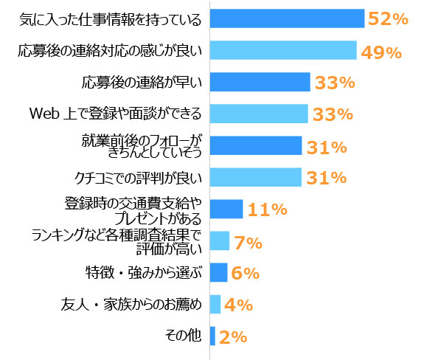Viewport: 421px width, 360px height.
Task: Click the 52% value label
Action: pos(388,20)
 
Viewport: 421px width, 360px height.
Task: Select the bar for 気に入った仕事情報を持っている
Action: pos(288,19)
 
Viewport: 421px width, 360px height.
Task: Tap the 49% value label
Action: pos(380,52)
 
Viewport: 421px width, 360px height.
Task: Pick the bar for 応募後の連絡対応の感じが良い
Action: pos(283,51)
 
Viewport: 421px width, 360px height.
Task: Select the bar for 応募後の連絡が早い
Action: pos(260,82)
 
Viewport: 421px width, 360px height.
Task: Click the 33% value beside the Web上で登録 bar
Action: pos(333,114)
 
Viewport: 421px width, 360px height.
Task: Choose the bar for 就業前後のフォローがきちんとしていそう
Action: pos(256,145)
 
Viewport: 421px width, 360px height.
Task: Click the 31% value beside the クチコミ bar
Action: pos(327,178)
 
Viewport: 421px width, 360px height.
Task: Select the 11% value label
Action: pos(267,210)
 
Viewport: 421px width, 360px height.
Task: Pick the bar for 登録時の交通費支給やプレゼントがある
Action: pos(226,209)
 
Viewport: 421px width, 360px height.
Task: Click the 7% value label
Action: pos(248,241)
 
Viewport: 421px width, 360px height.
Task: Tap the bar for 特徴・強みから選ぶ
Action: pos(218,272)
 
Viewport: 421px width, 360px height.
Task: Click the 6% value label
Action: pos(245,273)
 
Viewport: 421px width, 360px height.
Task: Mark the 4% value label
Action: pos(239,305)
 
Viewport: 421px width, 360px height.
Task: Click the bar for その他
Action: pos(212,336)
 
